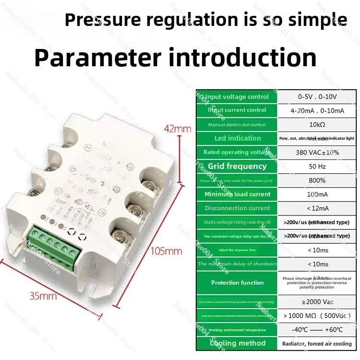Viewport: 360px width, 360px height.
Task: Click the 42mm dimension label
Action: click(178, 129)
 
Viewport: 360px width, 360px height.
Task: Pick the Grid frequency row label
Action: click(237, 166)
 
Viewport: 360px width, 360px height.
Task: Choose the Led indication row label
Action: click(237, 138)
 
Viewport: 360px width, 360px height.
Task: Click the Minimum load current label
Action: click(237, 194)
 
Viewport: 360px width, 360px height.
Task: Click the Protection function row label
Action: click(237, 283)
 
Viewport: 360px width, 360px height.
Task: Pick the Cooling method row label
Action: click(237, 343)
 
